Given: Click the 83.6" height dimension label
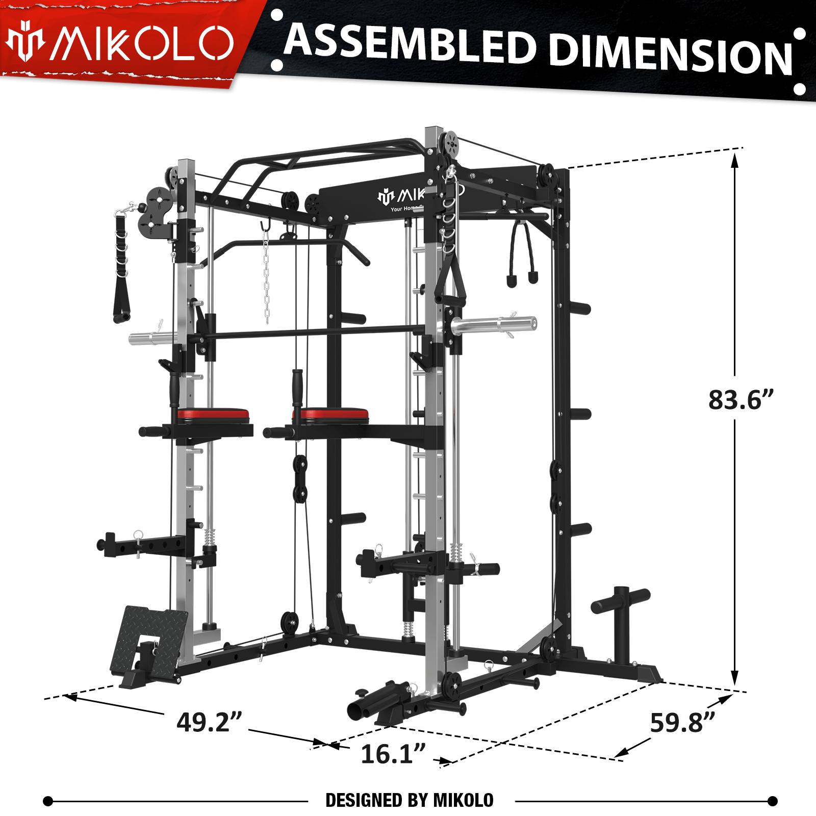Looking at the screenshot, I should [x=741, y=400].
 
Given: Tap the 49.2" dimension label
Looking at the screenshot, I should [x=209, y=722].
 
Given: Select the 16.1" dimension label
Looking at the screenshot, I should [x=393, y=754].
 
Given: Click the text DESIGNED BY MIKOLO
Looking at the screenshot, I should [x=410, y=800].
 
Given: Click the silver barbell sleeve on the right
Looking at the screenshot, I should [x=494, y=325].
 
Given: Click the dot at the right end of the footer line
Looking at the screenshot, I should [x=773, y=801].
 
